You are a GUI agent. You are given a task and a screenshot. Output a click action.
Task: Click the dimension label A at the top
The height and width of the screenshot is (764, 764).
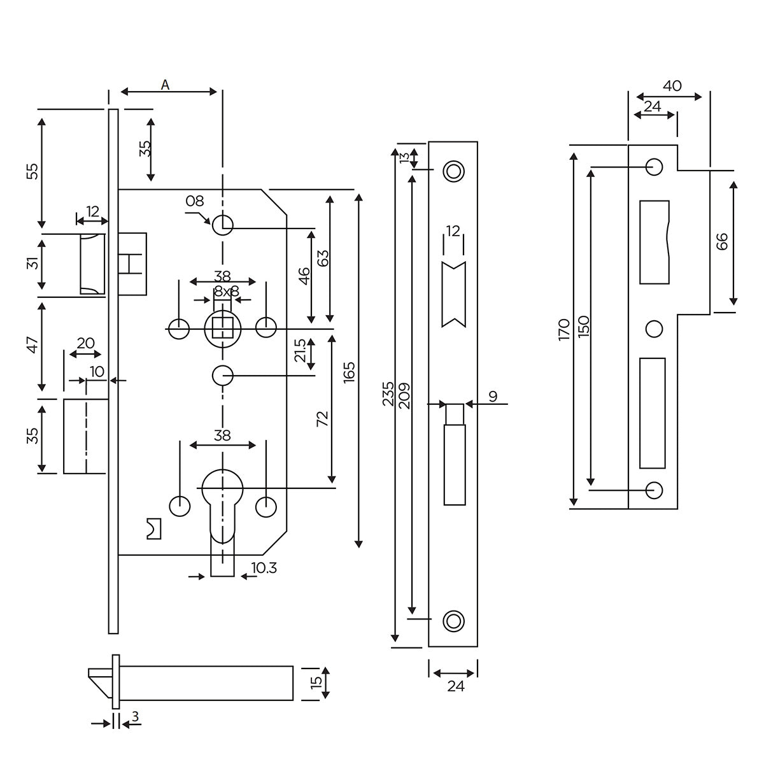coord(166,85)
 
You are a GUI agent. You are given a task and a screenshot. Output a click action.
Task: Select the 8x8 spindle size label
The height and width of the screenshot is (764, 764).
coord(226,292)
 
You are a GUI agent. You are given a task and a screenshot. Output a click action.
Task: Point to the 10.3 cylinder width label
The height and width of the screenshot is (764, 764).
coord(264,569)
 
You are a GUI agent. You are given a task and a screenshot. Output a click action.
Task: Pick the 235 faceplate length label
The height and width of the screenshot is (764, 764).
coord(389,395)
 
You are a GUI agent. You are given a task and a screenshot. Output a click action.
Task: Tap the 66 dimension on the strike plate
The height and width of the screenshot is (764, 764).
coord(721,242)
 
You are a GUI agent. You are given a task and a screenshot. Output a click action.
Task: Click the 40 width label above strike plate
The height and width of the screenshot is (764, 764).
coord(672,85)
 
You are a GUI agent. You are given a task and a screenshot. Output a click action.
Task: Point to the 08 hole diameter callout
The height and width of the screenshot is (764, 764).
coord(194,201)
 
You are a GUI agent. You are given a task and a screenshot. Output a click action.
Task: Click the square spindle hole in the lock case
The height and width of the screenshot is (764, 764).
coord(222,329)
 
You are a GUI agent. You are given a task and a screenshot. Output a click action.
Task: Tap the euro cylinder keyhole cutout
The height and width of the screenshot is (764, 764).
coord(222,503)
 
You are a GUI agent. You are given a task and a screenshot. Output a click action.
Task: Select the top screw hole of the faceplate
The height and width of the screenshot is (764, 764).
coord(453,171)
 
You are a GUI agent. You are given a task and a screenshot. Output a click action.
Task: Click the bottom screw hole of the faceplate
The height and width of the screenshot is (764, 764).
coord(453,620)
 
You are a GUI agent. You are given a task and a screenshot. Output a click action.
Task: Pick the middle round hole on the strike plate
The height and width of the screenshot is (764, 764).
coord(654,329)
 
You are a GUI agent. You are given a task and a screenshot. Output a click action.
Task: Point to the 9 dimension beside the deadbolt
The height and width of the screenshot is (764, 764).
coord(493,397)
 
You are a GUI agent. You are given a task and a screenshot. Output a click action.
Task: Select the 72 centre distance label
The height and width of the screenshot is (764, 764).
coord(322,418)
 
